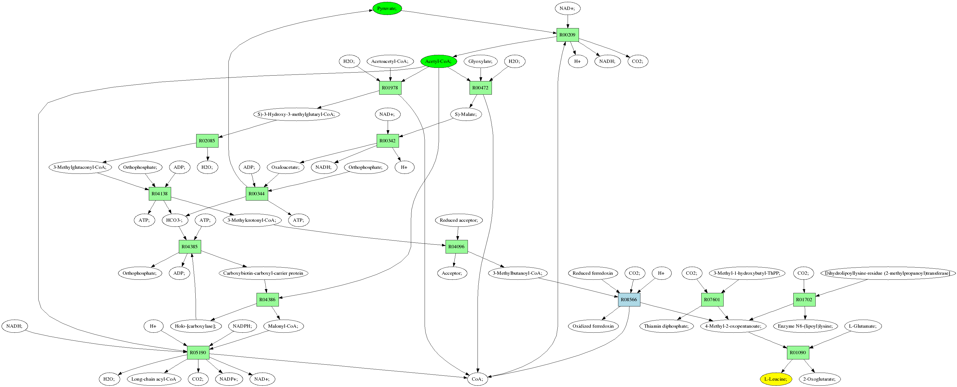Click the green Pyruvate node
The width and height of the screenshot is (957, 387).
[x=387, y=8]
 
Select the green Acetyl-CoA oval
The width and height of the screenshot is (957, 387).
[x=438, y=61]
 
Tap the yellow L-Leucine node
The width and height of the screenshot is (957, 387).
[x=776, y=379]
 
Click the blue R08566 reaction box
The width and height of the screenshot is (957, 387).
[x=629, y=300]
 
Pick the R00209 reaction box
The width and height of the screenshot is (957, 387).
[x=567, y=35]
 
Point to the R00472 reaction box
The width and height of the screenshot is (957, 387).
[x=480, y=88]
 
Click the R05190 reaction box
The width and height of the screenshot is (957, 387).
[x=198, y=353]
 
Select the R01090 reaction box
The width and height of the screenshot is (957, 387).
[x=798, y=353]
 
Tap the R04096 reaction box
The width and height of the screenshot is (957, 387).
[x=457, y=247]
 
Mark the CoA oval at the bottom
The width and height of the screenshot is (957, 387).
[x=477, y=379]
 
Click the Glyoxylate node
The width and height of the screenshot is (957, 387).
[x=480, y=61]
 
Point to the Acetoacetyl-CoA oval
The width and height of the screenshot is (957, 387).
[x=390, y=61]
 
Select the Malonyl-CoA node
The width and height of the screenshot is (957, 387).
[x=283, y=326]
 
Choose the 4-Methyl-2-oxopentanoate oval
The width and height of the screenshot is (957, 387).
[x=733, y=326]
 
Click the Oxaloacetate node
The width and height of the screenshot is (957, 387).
[x=285, y=167]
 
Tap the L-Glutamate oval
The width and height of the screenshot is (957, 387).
[x=863, y=326]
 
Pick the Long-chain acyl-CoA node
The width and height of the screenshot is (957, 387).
[x=154, y=379]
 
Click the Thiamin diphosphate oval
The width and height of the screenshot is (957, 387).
[x=666, y=326]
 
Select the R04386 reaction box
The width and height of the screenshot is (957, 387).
[x=268, y=300]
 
